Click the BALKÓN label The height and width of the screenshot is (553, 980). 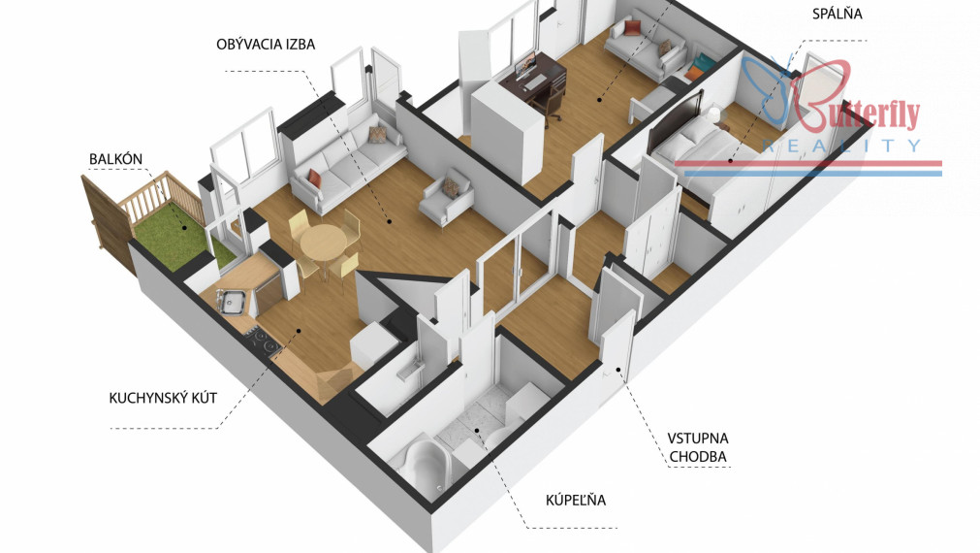115,159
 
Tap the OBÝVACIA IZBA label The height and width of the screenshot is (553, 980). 266,45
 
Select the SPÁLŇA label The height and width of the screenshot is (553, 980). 837,14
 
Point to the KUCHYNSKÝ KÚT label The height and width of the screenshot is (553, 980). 163,398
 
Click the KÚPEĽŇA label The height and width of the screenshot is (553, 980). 576,500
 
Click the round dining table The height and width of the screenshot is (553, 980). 323,243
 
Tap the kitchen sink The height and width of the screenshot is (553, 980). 233,302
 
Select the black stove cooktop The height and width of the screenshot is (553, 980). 263,342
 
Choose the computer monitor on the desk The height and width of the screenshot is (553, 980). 525,64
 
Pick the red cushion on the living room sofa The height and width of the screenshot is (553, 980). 315,179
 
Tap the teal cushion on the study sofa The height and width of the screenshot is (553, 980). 705,62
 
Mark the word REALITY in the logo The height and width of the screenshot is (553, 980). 841,146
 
